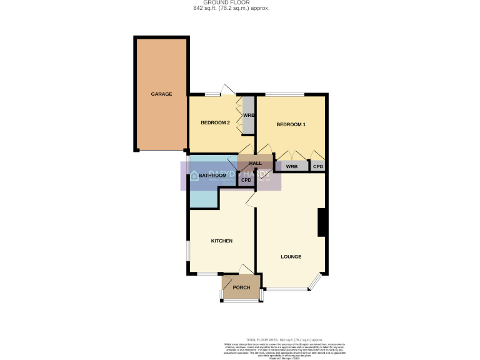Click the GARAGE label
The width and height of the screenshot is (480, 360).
pos(161,94)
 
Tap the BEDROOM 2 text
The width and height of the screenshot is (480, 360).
pos(215,122)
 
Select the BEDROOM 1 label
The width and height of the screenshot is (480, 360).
pos(291,124)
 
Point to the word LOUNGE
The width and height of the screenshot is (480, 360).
pos(291,257)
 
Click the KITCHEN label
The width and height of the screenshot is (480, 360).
pos(221,241)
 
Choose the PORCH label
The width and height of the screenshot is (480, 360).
pos(241,287)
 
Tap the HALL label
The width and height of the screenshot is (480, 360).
pos(255,162)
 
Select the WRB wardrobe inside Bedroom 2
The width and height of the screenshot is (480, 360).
pos(249,116)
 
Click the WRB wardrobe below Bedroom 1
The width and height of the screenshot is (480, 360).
pos(291,167)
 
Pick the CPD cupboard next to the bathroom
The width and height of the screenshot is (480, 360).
pos(246,181)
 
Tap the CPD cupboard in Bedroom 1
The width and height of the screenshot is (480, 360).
pos(318,167)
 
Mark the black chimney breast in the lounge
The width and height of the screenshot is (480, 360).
pos(322,222)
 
